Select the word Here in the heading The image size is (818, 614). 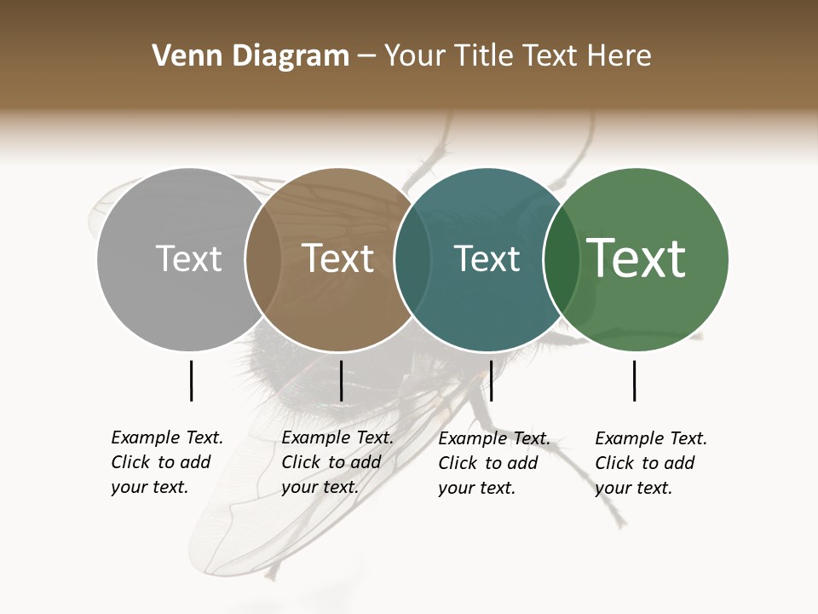[619, 56]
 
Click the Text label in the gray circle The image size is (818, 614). [188, 258]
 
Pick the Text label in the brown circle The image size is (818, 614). [338, 258]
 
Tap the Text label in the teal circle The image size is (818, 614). [487, 258]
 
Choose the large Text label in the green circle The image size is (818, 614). [637, 258]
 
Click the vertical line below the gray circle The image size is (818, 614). [191, 380]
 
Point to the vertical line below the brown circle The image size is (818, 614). [341, 380]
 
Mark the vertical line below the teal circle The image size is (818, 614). [491, 380]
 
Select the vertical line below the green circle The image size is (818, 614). [634, 380]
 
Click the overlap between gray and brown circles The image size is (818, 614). [263, 259]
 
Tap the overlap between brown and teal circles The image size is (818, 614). [412, 259]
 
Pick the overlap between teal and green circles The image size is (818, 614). [562, 259]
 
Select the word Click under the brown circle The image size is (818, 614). [301, 462]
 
